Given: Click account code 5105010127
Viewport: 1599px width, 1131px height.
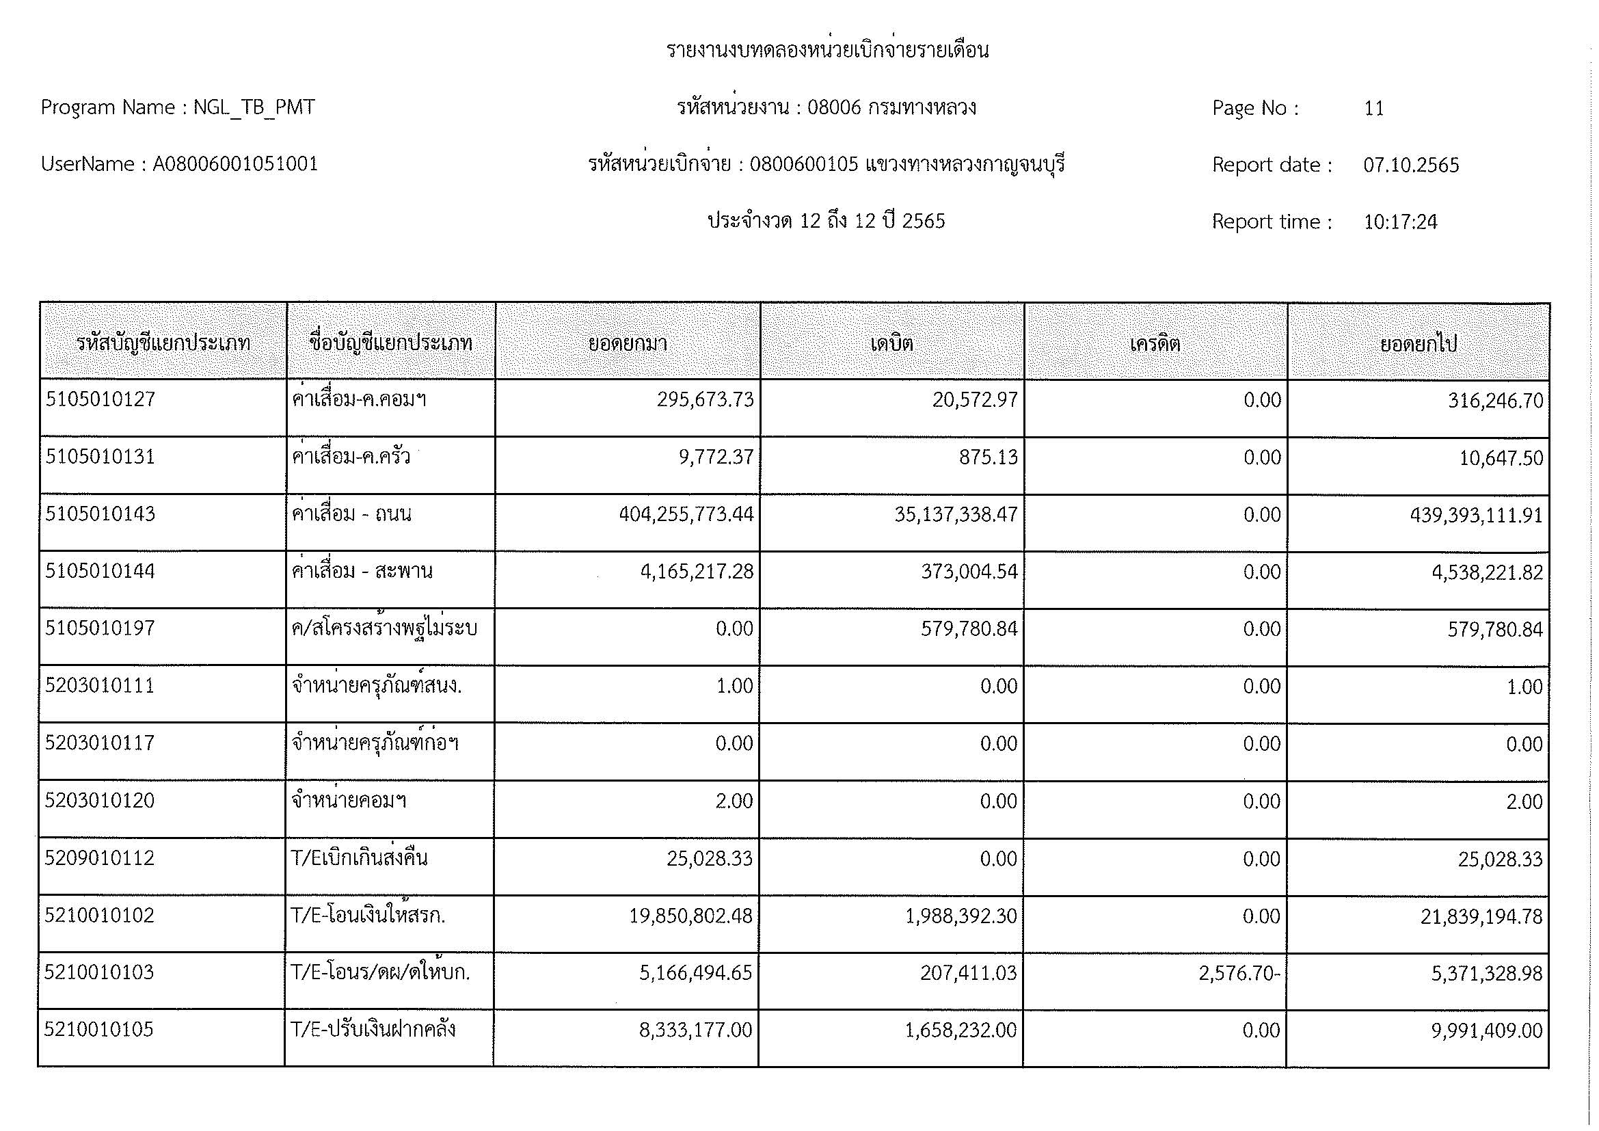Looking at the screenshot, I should [x=100, y=400].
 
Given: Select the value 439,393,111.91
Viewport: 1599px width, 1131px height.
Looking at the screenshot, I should [x=1477, y=516].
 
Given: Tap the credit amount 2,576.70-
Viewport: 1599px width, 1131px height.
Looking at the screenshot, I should [x=1239, y=973].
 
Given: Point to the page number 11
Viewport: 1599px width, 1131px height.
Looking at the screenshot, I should [x=1373, y=109].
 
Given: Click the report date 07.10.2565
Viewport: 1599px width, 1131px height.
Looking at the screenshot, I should [x=1411, y=165].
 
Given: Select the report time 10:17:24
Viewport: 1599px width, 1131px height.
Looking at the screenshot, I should [x=1400, y=222].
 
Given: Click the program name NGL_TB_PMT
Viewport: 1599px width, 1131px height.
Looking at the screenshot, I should [x=254, y=108].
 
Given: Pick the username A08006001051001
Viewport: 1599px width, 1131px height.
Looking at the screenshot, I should [x=234, y=164].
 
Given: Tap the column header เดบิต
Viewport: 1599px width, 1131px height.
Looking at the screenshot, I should [x=891, y=343].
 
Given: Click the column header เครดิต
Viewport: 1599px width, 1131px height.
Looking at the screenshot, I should [x=1155, y=343].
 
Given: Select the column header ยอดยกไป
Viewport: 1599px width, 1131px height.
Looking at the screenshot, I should [x=1419, y=343].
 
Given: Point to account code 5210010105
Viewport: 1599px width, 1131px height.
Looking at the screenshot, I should [x=99, y=1029].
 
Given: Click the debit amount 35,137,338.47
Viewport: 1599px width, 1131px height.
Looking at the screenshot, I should [x=956, y=515].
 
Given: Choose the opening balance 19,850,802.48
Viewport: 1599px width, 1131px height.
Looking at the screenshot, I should [x=691, y=916].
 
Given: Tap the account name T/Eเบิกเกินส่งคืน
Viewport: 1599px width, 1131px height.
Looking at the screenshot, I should [x=360, y=858].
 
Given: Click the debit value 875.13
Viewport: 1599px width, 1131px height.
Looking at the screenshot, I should [x=989, y=457].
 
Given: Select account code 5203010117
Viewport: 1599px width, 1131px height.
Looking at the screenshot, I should [x=100, y=743].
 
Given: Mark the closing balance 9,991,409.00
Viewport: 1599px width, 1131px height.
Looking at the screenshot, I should [x=1487, y=1030].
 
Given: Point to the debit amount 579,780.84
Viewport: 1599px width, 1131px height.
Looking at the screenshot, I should [x=969, y=629].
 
